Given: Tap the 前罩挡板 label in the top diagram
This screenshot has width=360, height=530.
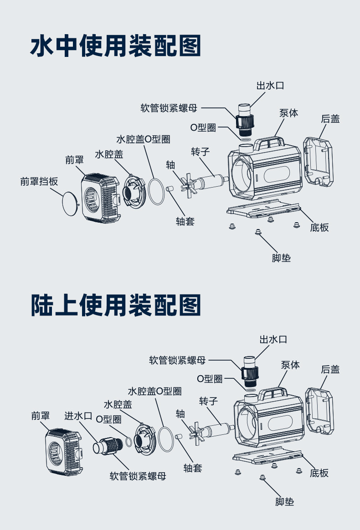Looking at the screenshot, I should click(39, 181).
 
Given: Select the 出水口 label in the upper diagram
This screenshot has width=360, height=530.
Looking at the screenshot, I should click(270, 86).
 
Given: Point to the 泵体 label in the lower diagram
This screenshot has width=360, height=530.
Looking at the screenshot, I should click(290, 365).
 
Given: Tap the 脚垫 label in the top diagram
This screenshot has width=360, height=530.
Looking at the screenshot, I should click(281, 258).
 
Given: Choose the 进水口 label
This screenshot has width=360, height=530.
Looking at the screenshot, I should click(78, 415).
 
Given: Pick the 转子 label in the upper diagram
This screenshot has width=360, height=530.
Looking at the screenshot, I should click(200, 151).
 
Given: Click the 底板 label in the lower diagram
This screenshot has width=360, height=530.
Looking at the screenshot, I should click(319, 473).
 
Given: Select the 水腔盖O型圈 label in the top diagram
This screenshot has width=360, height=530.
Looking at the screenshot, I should click(143, 139).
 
